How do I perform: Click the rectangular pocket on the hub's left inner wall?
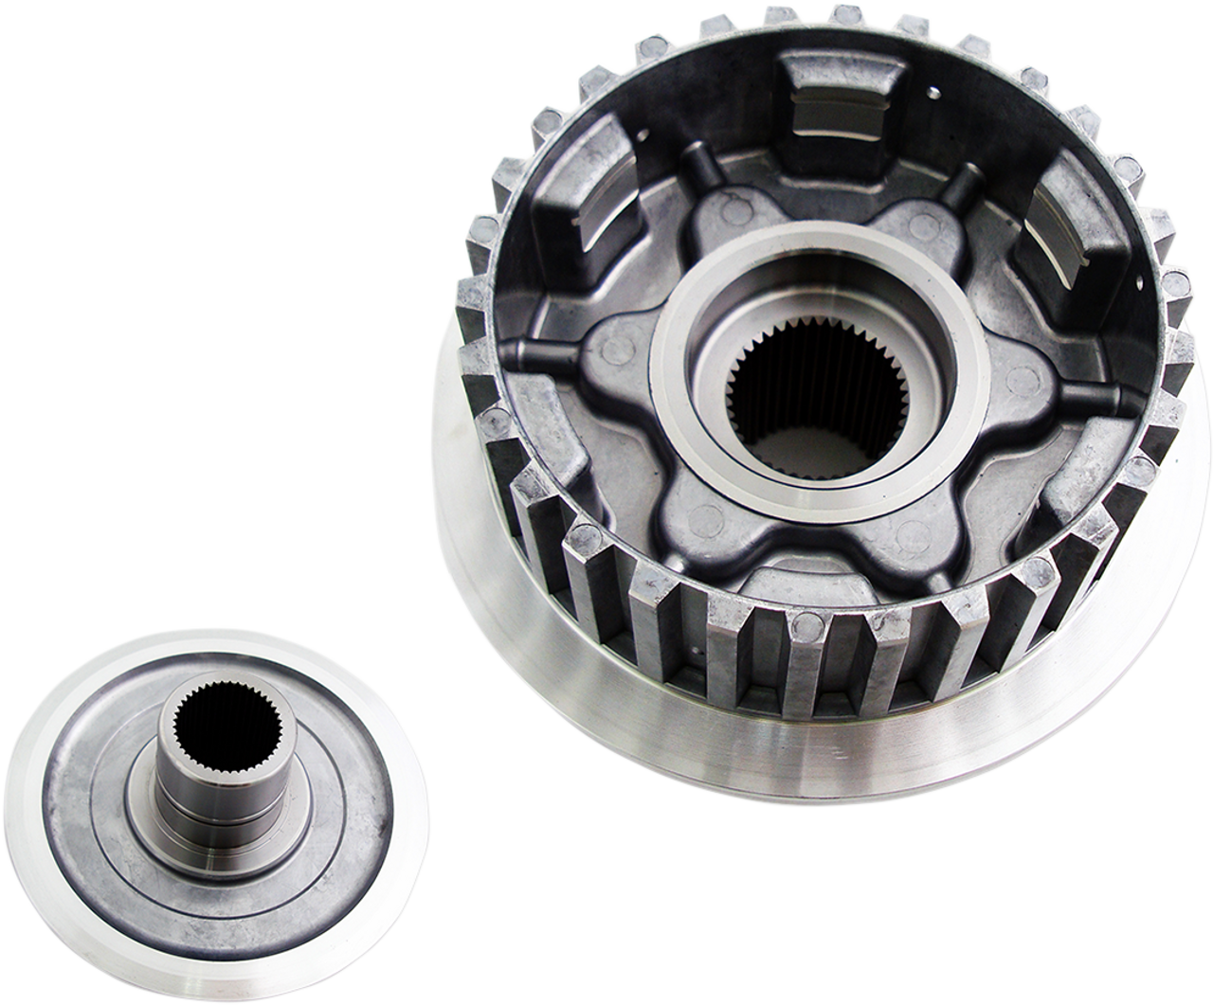tap(568, 227)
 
